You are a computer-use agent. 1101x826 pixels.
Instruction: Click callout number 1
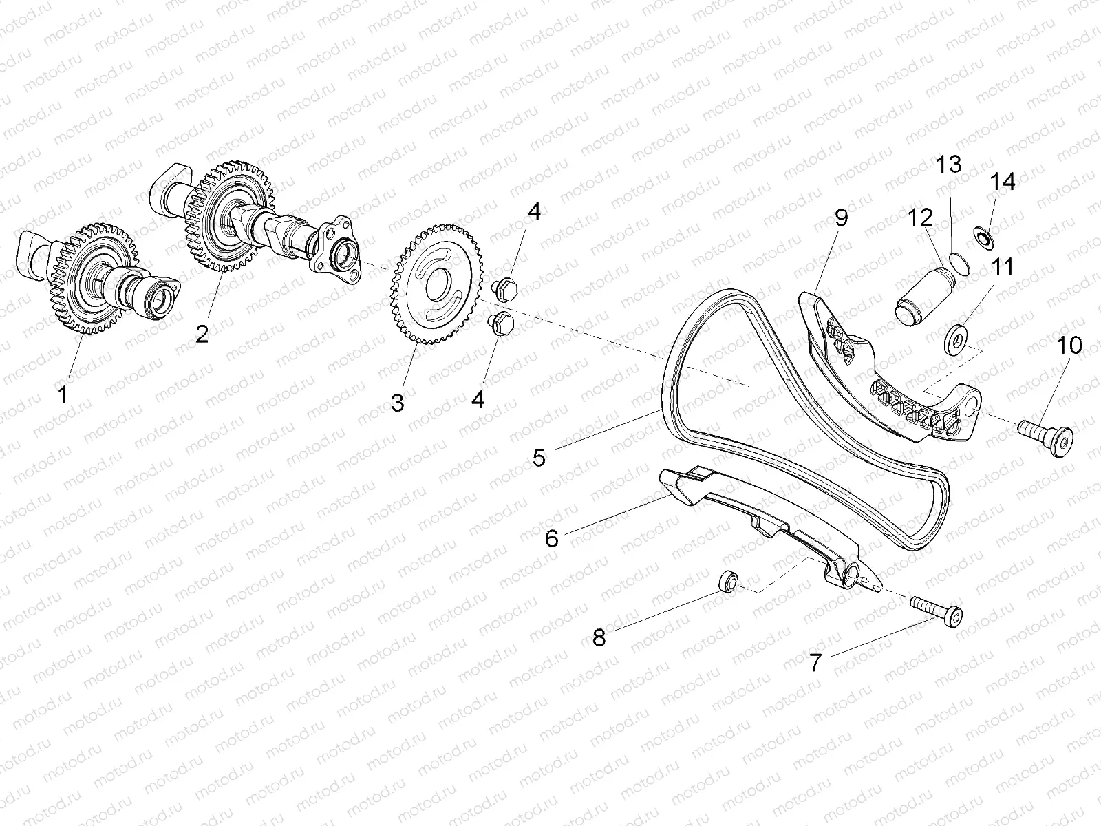point(63,394)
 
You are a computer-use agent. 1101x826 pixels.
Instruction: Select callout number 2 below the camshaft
point(202,335)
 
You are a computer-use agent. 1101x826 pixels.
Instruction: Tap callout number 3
point(398,403)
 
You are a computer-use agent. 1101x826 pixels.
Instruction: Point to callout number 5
point(539,457)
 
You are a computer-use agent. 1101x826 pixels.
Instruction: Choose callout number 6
point(552,538)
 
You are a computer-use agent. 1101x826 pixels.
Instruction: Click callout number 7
point(815,663)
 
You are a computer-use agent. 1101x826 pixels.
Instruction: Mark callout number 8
point(599,637)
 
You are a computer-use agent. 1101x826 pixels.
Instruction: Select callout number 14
point(1003,182)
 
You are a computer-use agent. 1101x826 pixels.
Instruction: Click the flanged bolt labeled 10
point(1046,433)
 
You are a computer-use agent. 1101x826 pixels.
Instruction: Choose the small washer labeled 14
point(983,236)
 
